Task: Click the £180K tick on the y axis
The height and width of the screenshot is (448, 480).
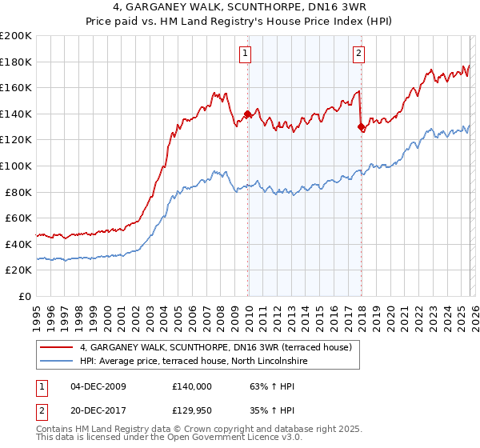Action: pyautogui.click(x=16, y=62)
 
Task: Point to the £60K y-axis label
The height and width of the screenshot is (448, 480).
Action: pyautogui.click(x=18, y=218)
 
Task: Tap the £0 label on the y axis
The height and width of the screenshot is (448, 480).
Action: pyautogui.click(x=25, y=296)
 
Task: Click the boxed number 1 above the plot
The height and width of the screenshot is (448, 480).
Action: pyautogui.click(x=245, y=54)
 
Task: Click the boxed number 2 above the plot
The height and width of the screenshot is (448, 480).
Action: pyautogui.click(x=358, y=54)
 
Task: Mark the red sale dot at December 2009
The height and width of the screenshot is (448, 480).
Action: pyautogui.click(x=247, y=114)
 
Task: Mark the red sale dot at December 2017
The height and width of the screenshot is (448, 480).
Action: pyautogui.click(x=361, y=126)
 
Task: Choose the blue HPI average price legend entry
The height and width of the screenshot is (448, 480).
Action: pyautogui.click(x=194, y=362)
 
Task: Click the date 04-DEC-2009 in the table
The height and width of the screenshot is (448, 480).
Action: pyautogui.click(x=97, y=386)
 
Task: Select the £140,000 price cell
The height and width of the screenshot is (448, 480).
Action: pyautogui.click(x=192, y=386)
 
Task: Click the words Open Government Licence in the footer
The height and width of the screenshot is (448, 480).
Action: pyautogui.click(x=214, y=439)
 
